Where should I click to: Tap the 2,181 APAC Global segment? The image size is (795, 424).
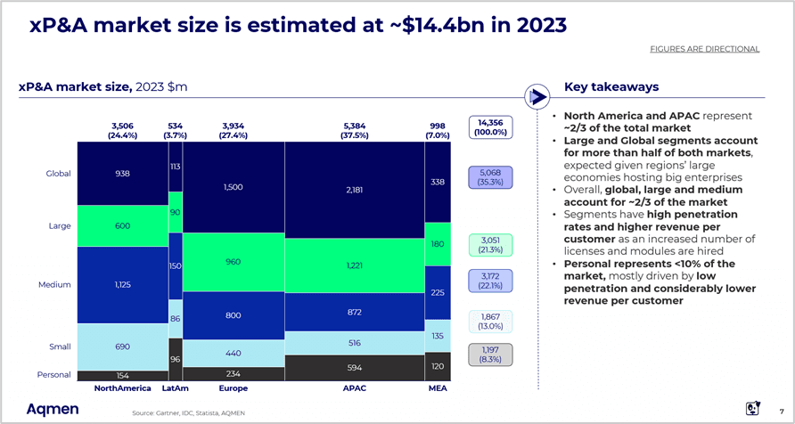tap(354, 190)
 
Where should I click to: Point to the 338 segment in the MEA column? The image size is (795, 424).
tap(438, 182)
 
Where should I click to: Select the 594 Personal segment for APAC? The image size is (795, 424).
tap(354, 367)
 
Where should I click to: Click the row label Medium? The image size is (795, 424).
tap(55, 285)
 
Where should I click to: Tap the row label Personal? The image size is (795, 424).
tap(53, 375)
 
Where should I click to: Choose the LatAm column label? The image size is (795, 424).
tap(176, 389)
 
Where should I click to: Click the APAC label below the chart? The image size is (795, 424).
tap(354, 389)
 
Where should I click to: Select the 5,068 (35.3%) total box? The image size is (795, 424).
tap(493, 177)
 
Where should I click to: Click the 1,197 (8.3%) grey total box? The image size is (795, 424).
tap(493, 355)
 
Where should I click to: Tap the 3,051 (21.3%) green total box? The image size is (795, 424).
tap(493, 245)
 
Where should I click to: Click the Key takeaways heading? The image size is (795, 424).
tap(611, 87)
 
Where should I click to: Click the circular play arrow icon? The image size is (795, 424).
tap(537, 94)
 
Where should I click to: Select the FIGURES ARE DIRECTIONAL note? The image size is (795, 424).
tap(704, 48)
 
